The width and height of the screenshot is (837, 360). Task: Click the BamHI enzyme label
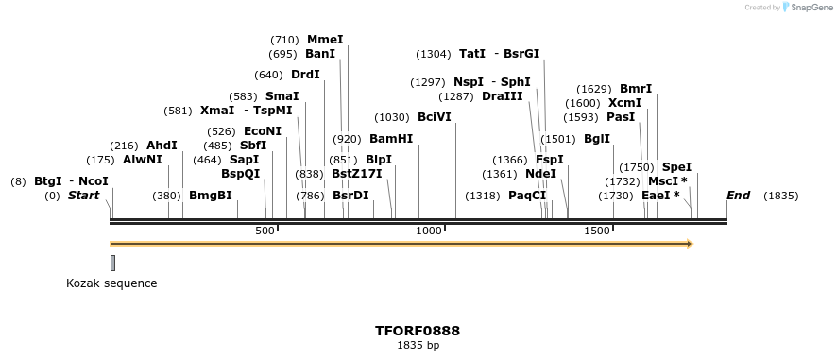391,138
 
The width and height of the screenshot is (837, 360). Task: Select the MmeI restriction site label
325,40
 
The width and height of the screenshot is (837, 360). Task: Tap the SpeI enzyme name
676,167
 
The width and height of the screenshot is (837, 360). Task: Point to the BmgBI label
210,196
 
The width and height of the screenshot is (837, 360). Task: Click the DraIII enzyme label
502,96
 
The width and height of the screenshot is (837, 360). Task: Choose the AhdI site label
162,146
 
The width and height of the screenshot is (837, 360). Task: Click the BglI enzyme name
597,138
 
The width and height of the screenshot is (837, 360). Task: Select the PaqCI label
527,196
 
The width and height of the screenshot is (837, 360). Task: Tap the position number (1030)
392,117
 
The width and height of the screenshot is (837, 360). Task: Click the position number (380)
166,196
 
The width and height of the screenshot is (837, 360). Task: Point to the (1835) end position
780,196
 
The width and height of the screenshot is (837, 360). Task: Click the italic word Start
83,196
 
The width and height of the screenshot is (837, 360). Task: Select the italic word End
738,196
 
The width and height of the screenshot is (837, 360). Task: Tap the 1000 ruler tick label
429,231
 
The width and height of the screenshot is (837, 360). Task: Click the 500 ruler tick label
265,231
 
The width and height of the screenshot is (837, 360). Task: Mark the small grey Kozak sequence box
113,263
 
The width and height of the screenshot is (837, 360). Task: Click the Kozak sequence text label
111,283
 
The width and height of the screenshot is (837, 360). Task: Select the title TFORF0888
418,331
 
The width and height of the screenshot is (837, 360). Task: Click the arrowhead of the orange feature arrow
689,244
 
